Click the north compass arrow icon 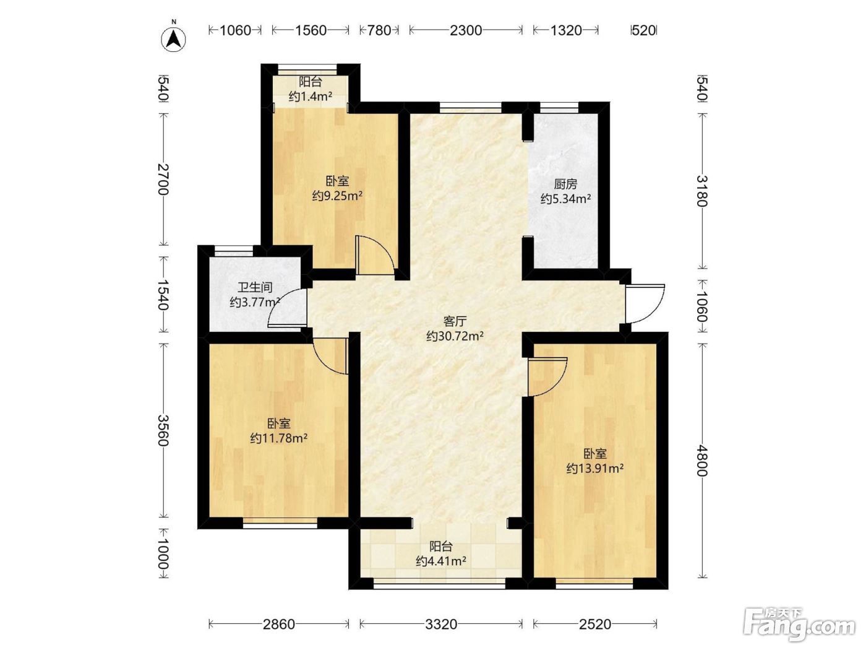(x=173, y=39)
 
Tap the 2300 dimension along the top (x=466, y=30)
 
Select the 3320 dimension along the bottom (x=441, y=624)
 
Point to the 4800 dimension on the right (x=701, y=460)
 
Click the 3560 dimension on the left (x=163, y=430)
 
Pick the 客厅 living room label (x=455, y=321)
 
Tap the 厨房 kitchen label (x=565, y=184)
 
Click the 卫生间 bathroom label (x=255, y=287)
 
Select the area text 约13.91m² (x=595, y=469)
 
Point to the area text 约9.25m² (x=337, y=196)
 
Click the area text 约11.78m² (x=279, y=438)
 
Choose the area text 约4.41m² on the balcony (x=441, y=561)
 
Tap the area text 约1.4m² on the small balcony (x=310, y=96)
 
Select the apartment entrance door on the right (x=645, y=304)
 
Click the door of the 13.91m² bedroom (x=547, y=377)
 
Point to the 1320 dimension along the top (x=566, y=30)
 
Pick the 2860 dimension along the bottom (x=278, y=624)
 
